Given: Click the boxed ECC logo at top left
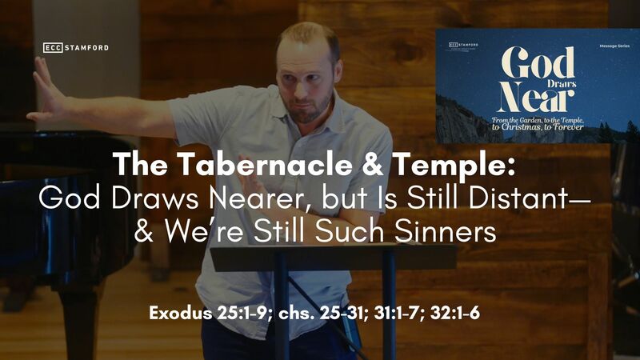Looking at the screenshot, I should click(54, 48).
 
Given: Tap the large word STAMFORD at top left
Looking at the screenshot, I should click(88, 48).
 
